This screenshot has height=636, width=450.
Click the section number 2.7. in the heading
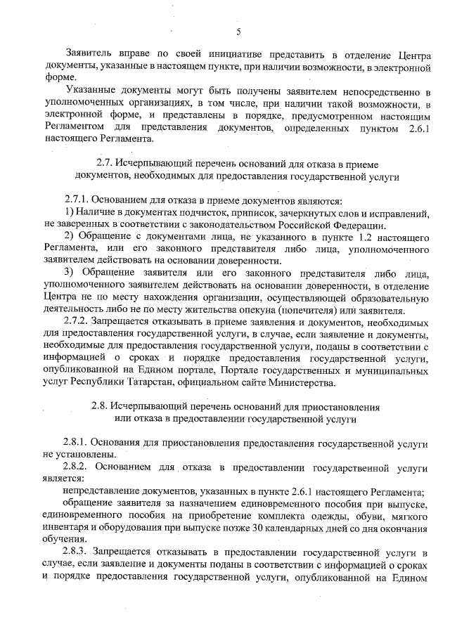tap(104, 163)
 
